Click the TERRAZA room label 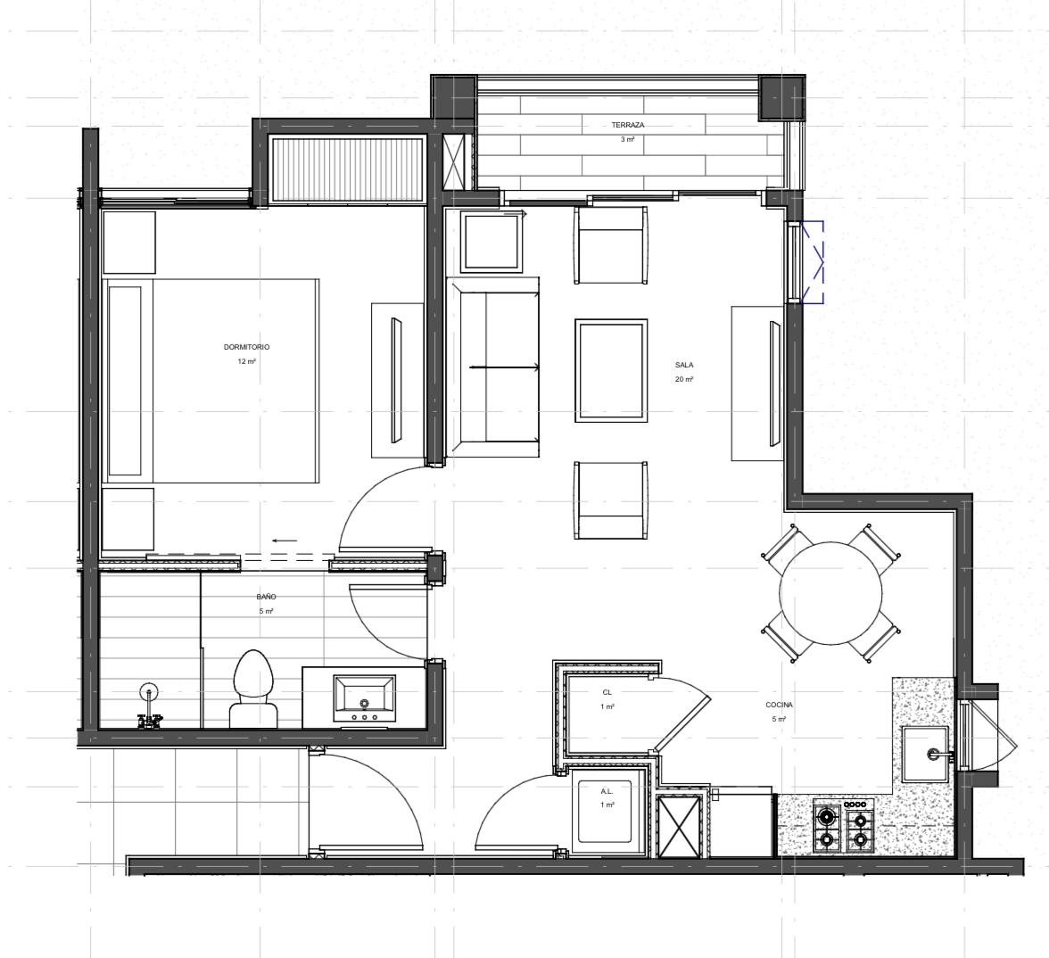click(x=628, y=125)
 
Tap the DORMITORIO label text click(x=246, y=347)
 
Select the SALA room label click(x=683, y=366)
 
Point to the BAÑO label click(x=266, y=597)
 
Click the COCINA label click(x=779, y=705)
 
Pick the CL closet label click(x=607, y=693)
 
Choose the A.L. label click(x=607, y=791)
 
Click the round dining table click(x=830, y=592)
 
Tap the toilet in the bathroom click(x=253, y=689)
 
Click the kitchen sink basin click(x=925, y=754)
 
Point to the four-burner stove click(x=843, y=826)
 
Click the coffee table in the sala click(x=611, y=371)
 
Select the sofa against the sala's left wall click(x=493, y=368)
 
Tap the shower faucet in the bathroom click(x=149, y=708)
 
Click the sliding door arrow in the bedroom click(x=285, y=541)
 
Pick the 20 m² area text click(x=683, y=379)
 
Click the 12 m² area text click(x=246, y=361)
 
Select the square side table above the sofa click(x=491, y=243)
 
